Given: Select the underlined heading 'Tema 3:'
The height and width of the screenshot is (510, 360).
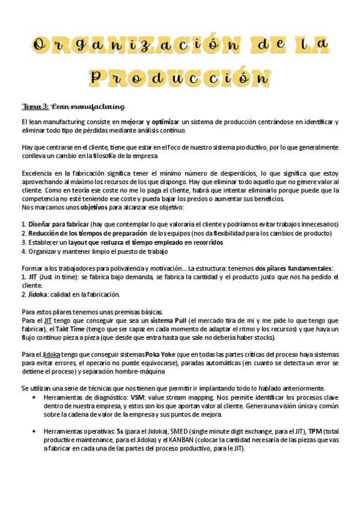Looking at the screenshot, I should point(35,107).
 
